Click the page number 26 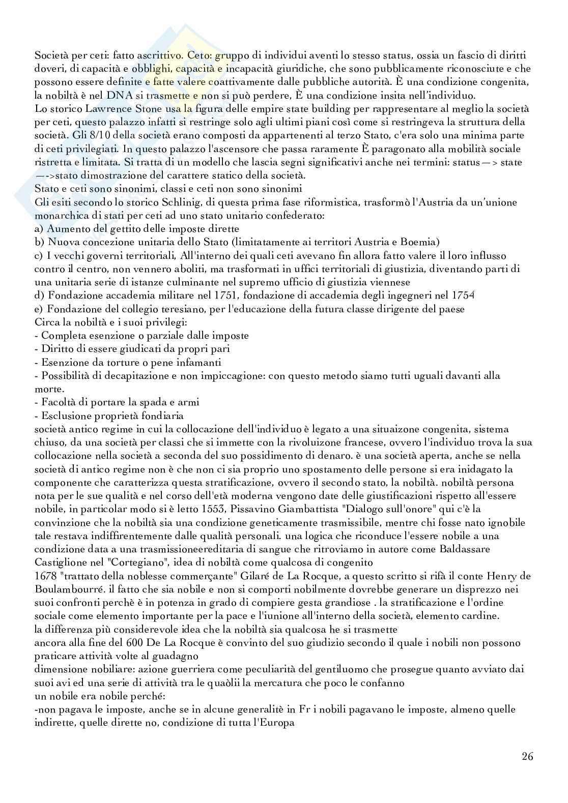(527, 756)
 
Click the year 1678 (45, 575)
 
